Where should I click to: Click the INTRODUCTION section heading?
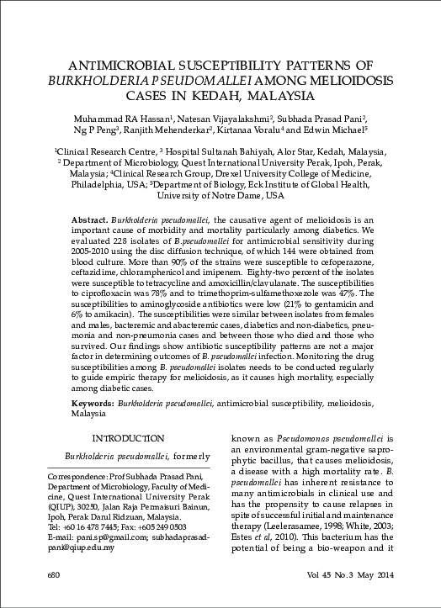tap(128, 438)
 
